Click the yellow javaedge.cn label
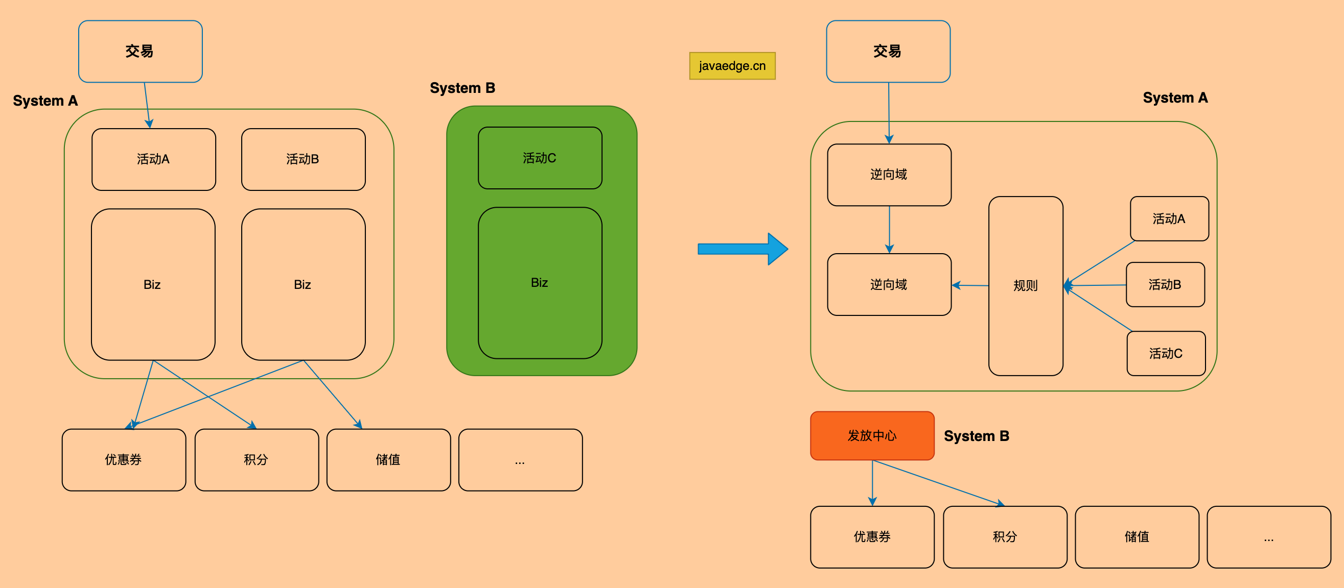click(732, 66)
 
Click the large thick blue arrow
click(743, 249)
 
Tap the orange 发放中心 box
click(872, 436)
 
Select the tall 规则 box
click(1025, 286)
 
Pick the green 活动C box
click(540, 158)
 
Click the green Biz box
click(540, 283)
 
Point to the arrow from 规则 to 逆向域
click(970, 285)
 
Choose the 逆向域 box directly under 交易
click(889, 175)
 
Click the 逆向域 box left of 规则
click(889, 285)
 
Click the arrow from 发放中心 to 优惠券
click(872, 483)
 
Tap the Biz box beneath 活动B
click(303, 285)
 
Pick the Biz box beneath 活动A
click(153, 285)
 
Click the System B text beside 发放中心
click(976, 436)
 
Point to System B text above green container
click(462, 88)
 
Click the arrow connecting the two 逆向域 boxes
click(890, 230)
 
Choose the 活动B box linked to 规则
click(1165, 285)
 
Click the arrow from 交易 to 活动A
click(147, 105)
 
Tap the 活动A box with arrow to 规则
click(1169, 219)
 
